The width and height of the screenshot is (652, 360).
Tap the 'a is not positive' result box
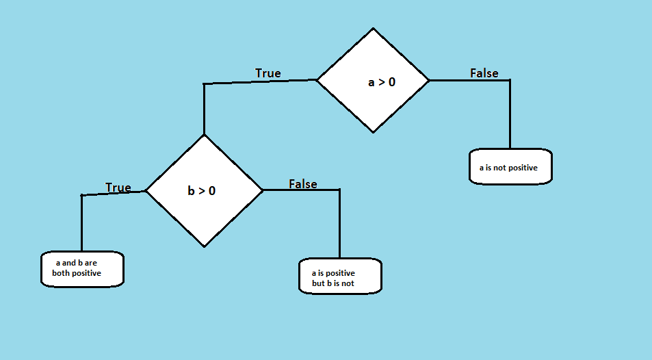[x=510, y=166]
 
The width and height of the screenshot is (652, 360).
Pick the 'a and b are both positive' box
[x=81, y=268]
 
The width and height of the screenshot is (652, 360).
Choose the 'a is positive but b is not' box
[x=340, y=277]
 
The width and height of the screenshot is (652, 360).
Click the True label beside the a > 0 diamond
[x=268, y=73]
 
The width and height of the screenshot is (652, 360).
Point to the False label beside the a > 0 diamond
[x=484, y=73]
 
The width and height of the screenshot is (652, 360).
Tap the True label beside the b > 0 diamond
[x=118, y=188]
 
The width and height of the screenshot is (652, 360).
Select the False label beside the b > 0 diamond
[x=302, y=184]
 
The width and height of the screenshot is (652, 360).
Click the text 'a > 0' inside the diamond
[x=381, y=82]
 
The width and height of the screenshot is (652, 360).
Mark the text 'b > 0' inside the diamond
[x=201, y=191]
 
